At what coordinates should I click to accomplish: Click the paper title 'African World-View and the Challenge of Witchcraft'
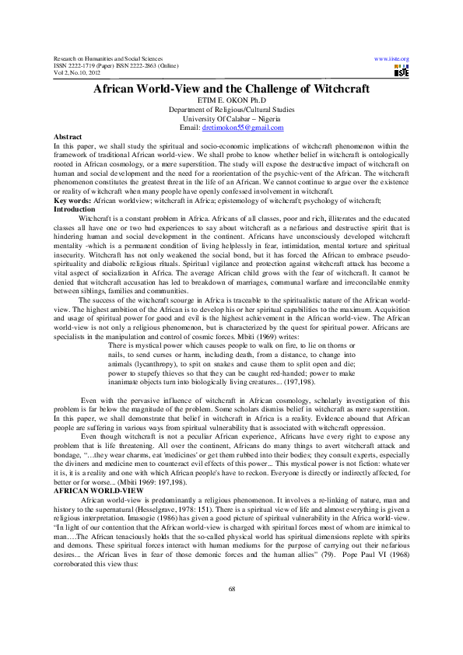(231, 89)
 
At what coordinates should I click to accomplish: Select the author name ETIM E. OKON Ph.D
(231, 101)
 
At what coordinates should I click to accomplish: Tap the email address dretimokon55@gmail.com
(243, 127)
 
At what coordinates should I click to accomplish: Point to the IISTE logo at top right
(401, 72)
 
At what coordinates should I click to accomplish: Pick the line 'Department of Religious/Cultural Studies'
(231, 110)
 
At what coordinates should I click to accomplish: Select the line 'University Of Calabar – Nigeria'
(231, 118)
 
